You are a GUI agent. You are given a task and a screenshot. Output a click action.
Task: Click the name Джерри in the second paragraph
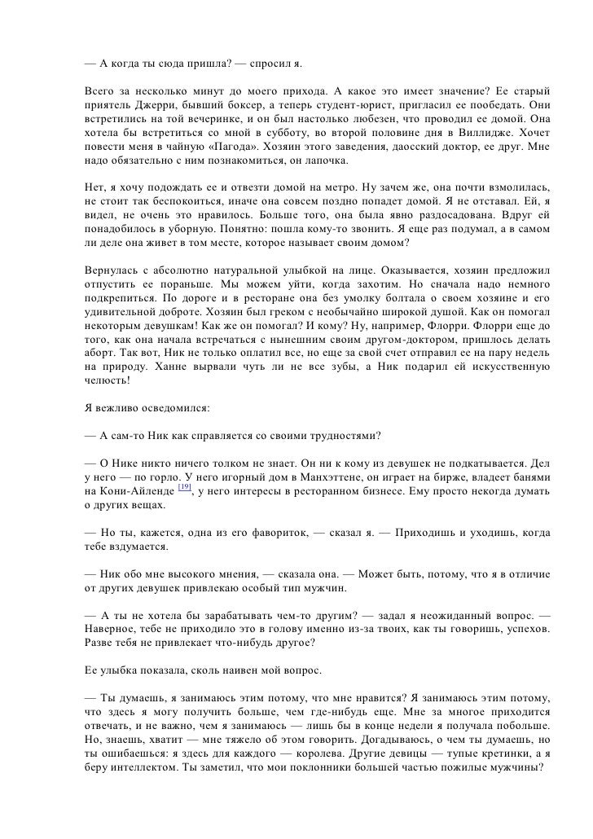point(148,106)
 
